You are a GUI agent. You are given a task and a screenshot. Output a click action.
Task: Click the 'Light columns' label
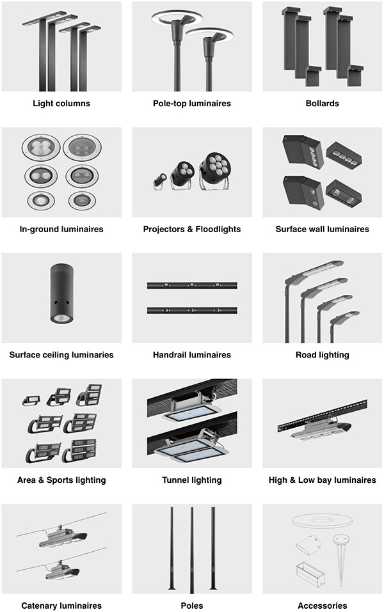pyautogui.click(x=61, y=104)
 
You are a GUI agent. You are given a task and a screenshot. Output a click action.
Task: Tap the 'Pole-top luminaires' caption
pyautogui.click(x=192, y=104)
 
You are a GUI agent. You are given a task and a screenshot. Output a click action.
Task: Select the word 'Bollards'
pyautogui.click(x=323, y=104)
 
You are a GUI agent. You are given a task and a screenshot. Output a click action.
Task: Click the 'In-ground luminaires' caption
pyautogui.click(x=61, y=229)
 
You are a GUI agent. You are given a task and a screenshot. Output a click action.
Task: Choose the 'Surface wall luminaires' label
pyautogui.click(x=323, y=229)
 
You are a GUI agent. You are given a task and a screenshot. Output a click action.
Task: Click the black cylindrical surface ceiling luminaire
pyautogui.click(x=61, y=293)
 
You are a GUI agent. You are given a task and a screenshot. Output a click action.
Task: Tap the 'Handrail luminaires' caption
pyautogui.click(x=192, y=355)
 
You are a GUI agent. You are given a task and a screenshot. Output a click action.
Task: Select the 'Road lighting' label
pyautogui.click(x=323, y=355)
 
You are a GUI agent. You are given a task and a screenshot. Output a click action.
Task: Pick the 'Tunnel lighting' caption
pyautogui.click(x=192, y=480)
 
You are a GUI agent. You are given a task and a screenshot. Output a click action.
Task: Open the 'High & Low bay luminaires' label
pyautogui.click(x=323, y=480)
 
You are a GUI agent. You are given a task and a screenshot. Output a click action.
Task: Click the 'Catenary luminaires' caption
pyautogui.click(x=61, y=606)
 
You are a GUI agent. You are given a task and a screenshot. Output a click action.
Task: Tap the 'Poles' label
pyautogui.click(x=192, y=606)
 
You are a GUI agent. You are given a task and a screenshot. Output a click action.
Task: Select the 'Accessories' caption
pyautogui.click(x=323, y=606)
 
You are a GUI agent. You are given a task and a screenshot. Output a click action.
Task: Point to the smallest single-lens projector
pyautogui.click(x=159, y=182)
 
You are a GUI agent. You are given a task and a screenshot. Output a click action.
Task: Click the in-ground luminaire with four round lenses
pyautogui.click(x=41, y=148)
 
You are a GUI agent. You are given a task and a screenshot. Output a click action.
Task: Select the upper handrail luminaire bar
pyautogui.click(x=192, y=286)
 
